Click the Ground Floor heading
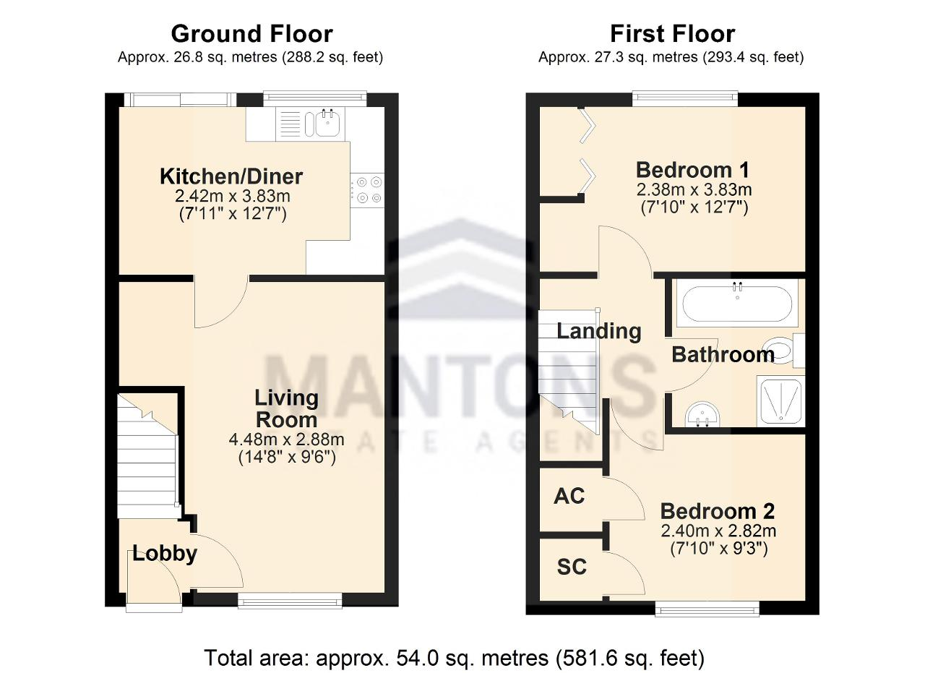pyautogui.click(x=252, y=34)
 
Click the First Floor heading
pyautogui.click(x=672, y=34)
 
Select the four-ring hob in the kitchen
pyautogui.click(x=367, y=190)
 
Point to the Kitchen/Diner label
pyautogui.click(x=231, y=177)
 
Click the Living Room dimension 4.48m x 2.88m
pyautogui.click(x=287, y=440)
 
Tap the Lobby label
pyautogui.click(x=165, y=554)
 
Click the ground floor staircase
pyautogui.click(x=148, y=455)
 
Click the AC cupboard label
pyautogui.click(x=569, y=496)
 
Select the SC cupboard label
pyautogui.click(x=572, y=567)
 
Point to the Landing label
pyautogui.click(x=599, y=331)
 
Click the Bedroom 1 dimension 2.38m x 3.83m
pyautogui.click(x=694, y=190)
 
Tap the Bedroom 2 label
pyautogui.click(x=718, y=512)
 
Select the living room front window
pyautogui.click(x=290, y=601)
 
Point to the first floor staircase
pyautogui.click(x=569, y=372)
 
